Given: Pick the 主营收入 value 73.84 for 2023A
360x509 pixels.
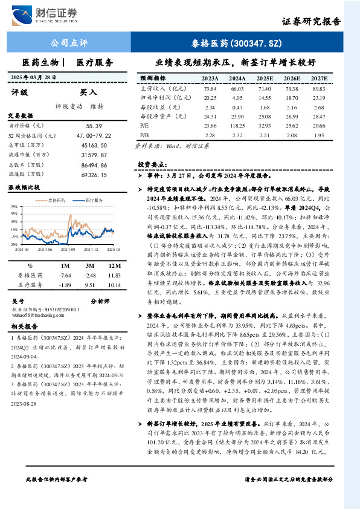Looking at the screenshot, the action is pyautogui.click(x=210, y=88).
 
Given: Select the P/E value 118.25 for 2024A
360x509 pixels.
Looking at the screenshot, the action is pyautogui.click(x=237, y=125).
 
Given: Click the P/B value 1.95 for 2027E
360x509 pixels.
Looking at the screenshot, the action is pyautogui.click(x=320, y=134).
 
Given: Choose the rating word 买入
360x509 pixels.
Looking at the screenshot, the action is pyautogui.click(x=88, y=92).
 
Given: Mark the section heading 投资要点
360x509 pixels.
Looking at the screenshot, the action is pyautogui.click(x=152, y=164).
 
